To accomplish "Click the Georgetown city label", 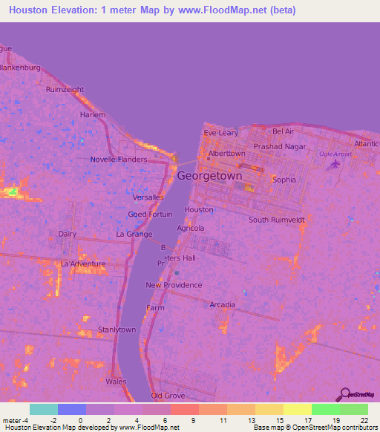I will tap(209, 177).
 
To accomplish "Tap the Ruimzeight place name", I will tap(65, 90).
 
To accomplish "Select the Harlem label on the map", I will tap(94, 115).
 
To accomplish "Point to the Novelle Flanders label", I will tap(119, 160).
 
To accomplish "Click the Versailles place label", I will tap(148, 197).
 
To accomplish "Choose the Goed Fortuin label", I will tap(149, 215).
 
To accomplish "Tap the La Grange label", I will tap(134, 234).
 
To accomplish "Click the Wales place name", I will tap(116, 382).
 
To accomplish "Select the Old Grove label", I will tap(167, 396).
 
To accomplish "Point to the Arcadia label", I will tap(223, 305).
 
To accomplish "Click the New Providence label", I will tap(174, 285).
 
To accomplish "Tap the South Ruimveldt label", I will tap(278, 220).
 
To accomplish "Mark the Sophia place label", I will tap(284, 180).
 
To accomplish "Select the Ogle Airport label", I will tap(335, 154).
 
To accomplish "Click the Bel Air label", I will tap(284, 131).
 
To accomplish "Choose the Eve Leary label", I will tap(221, 133).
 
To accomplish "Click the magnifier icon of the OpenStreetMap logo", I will tap(344, 394).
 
